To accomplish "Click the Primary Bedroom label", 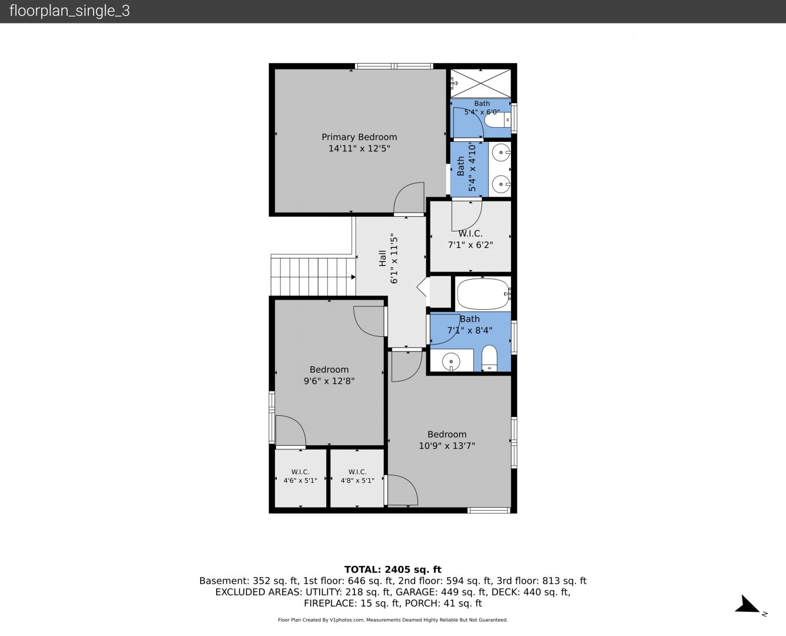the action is tap(359, 137).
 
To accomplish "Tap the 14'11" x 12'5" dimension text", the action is tap(359, 148).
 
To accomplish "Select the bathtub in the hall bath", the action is tap(483, 294).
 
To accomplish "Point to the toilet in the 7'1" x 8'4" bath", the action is tap(489, 358).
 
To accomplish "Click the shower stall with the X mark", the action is tap(481, 84).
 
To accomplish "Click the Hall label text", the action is tap(383, 259).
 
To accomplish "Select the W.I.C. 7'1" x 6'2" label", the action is tap(470, 239).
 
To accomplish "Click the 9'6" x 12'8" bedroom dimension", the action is tap(329, 381).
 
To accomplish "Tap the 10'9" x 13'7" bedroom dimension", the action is tap(446, 446).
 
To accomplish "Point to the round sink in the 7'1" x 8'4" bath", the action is tap(451, 361).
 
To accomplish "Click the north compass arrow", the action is tap(747, 604).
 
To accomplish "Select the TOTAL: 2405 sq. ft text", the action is tap(393, 569).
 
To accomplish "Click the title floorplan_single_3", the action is tap(69, 11).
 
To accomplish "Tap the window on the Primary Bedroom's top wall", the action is tap(394, 67).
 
